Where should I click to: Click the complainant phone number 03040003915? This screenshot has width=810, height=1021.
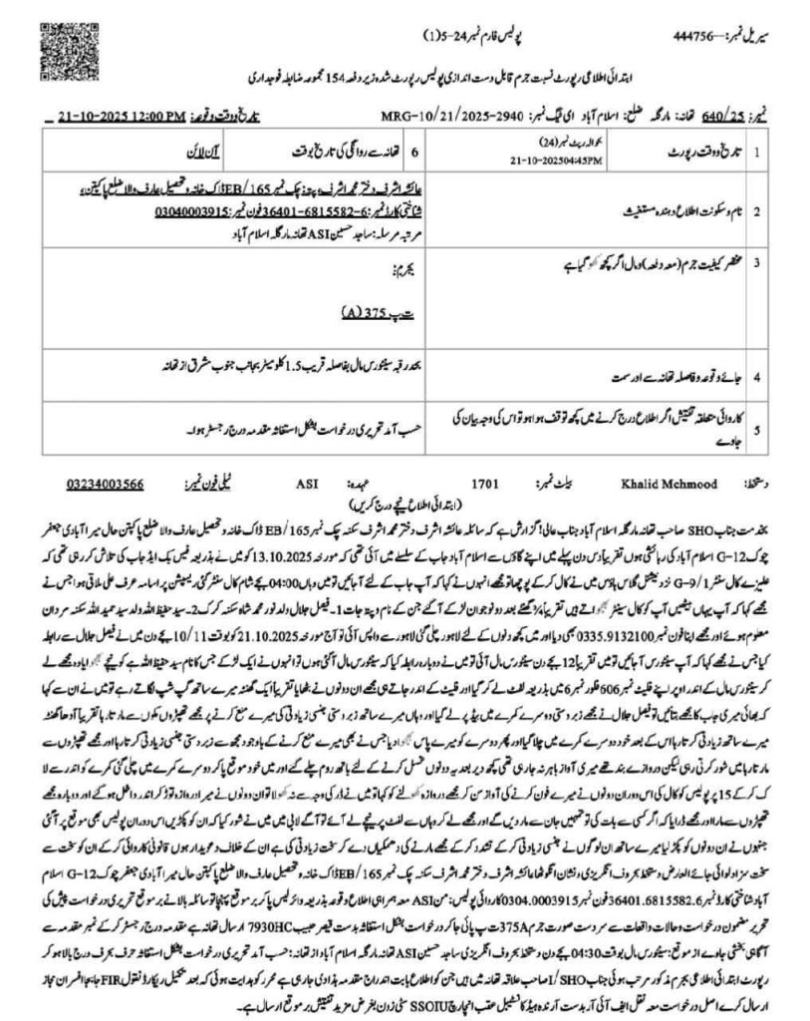[194, 211]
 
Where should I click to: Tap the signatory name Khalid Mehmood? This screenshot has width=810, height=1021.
[687, 484]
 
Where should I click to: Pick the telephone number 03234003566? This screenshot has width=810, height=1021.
[106, 484]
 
